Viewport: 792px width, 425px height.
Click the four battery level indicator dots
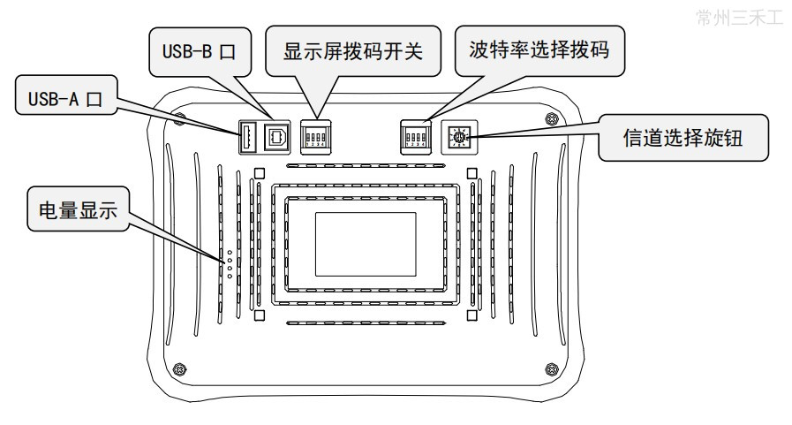pos(230,263)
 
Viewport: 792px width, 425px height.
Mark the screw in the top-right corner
pos(552,118)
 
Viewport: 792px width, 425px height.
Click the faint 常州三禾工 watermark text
pos(740,19)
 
